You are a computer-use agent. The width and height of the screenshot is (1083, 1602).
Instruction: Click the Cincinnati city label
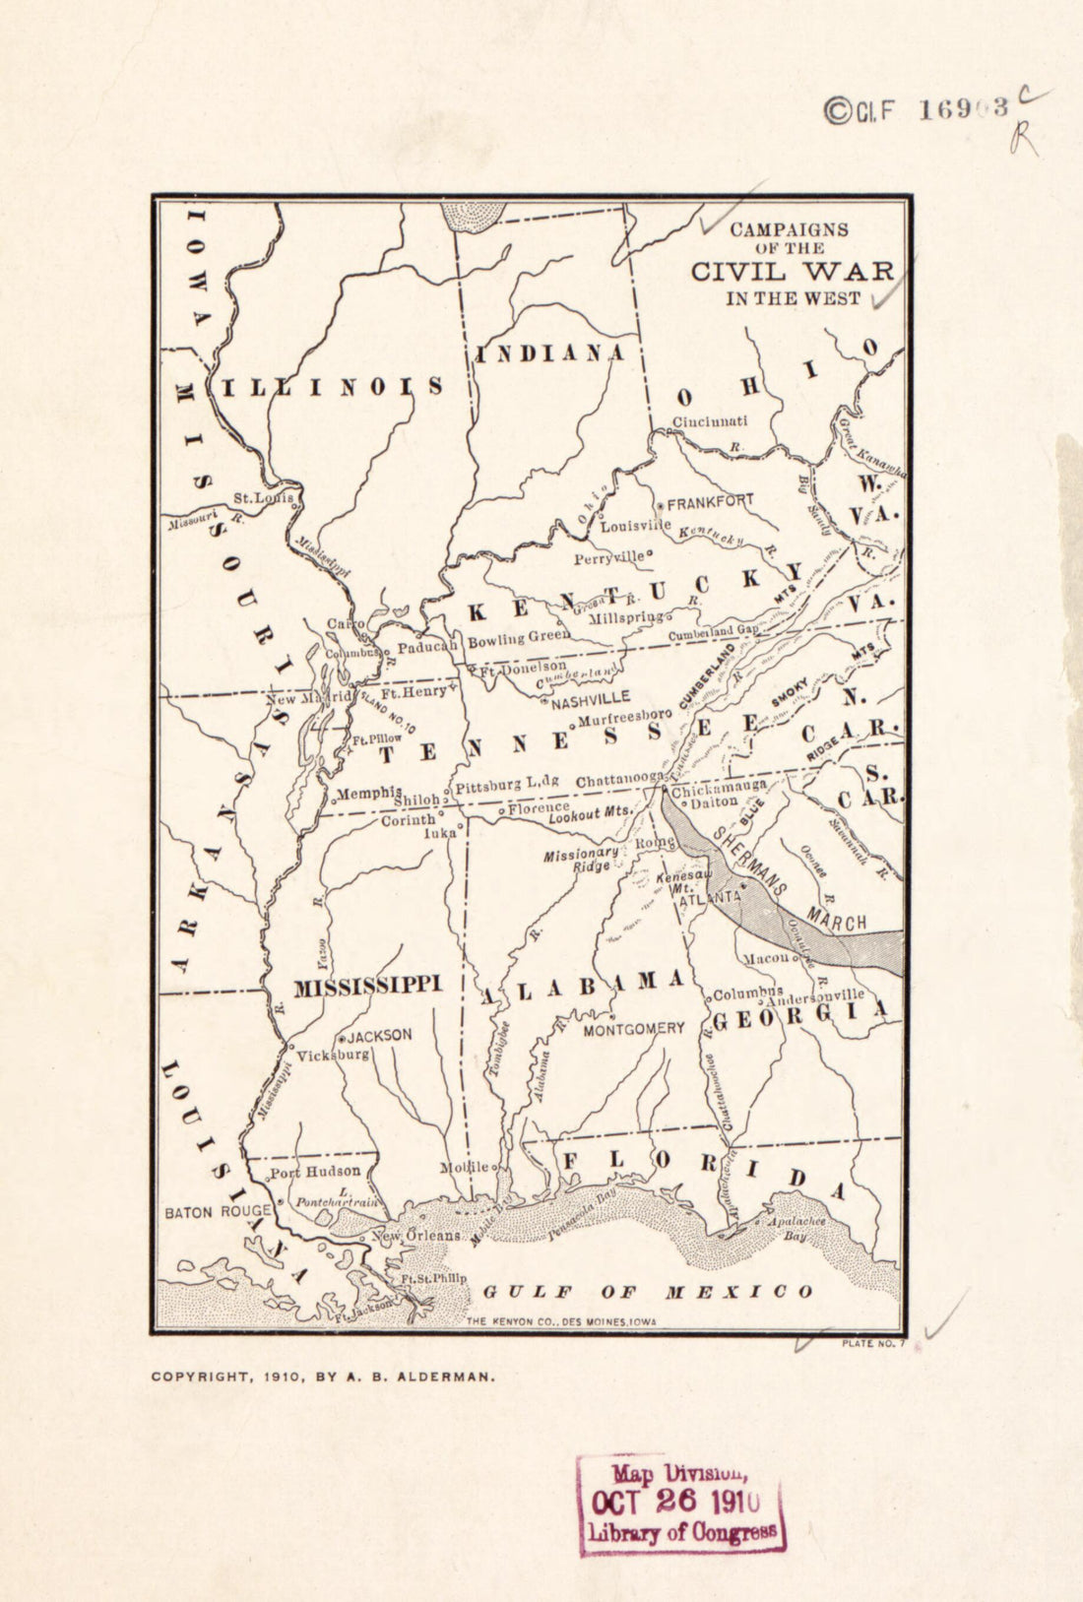point(710,421)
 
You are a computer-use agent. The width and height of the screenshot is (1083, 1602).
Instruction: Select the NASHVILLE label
point(590,703)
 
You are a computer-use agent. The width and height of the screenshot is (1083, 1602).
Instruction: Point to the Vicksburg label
point(333,1055)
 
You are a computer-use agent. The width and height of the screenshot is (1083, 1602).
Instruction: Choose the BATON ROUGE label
point(218,1212)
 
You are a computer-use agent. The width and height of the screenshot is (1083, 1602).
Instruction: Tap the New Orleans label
point(415,1235)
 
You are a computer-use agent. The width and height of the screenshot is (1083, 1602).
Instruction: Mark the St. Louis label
point(263,499)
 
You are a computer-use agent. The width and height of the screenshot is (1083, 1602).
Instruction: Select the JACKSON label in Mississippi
point(378,1036)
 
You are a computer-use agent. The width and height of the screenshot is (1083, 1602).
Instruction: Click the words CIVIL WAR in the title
point(793,272)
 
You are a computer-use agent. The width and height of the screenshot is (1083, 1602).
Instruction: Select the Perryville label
point(610,558)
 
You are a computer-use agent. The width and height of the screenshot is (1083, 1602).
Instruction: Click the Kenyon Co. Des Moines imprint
point(560,1322)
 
